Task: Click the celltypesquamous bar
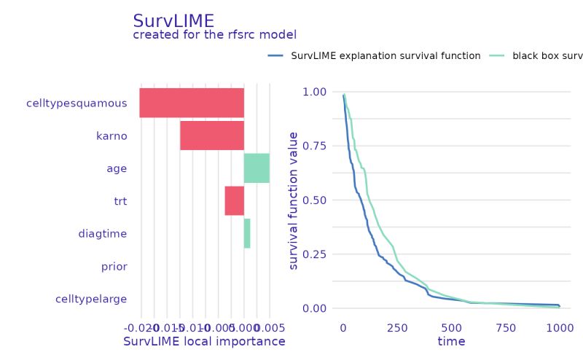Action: (192, 103)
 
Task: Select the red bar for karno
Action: (212, 136)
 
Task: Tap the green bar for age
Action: (257, 168)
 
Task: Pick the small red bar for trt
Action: (234, 200)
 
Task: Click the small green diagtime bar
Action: (247, 233)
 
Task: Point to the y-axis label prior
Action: (114, 267)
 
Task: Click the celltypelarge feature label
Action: (91, 299)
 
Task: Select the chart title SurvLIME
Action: (173, 21)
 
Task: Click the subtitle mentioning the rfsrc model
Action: (215, 35)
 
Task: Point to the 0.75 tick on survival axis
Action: (315, 146)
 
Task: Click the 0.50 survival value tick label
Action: (315, 200)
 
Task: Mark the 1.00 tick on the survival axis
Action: (315, 92)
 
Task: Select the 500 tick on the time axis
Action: (451, 327)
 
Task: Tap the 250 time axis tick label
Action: (397, 327)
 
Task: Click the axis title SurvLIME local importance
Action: (204, 341)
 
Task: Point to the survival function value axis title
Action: (294, 200)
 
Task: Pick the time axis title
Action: (451, 341)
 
